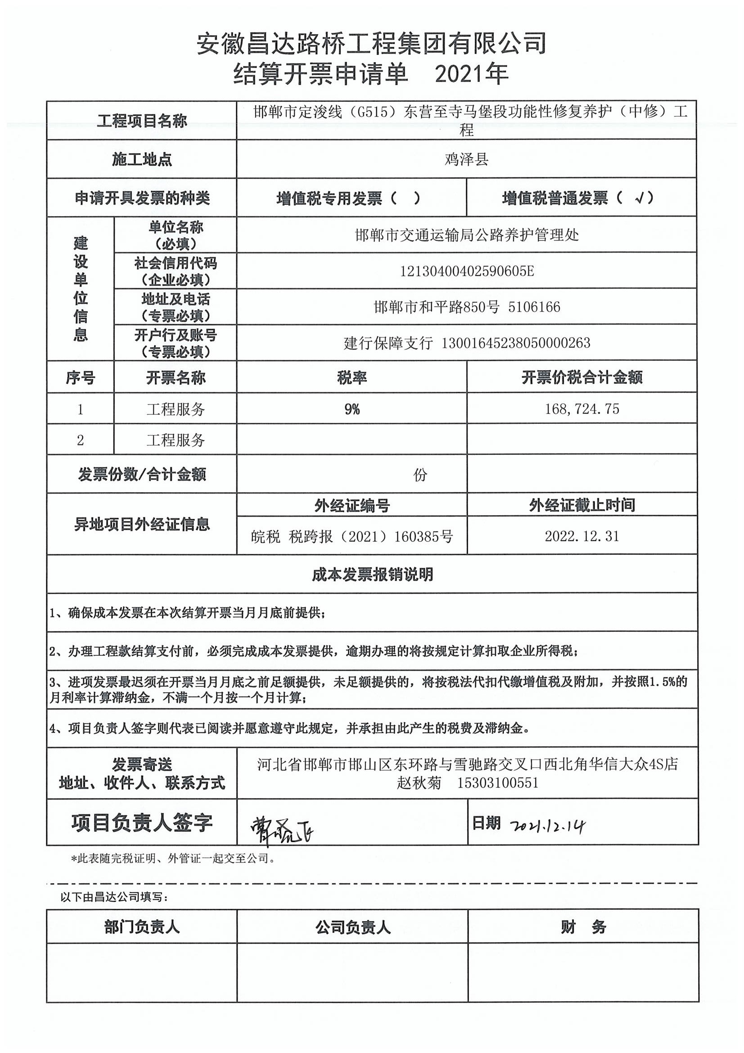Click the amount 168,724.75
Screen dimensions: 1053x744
pyautogui.click(x=581, y=408)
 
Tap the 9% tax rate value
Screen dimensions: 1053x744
pyautogui.click(x=352, y=409)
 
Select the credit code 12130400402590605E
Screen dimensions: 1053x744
pyautogui.click(x=467, y=271)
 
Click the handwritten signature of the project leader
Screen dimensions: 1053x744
pyautogui.click(x=281, y=830)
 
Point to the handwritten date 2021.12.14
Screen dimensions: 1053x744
pyautogui.click(x=547, y=826)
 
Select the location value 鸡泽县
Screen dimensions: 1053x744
pyautogui.click(x=466, y=159)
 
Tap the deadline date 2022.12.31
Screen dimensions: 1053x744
pyautogui.click(x=581, y=536)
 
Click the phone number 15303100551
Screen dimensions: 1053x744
pyautogui.click(x=497, y=782)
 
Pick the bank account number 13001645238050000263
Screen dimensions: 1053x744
pyautogui.click(x=515, y=343)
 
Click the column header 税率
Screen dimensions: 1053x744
pyautogui.click(x=352, y=377)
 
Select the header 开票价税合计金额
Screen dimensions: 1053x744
pyautogui.click(x=581, y=377)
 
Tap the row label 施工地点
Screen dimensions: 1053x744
pyautogui.click(x=142, y=159)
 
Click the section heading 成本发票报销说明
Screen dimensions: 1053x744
pyautogui.click(x=372, y=574)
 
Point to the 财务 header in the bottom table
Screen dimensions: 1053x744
pyautogui.click(x=583, y=927)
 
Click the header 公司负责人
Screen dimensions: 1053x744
pyautogui.click(x=352, y=927)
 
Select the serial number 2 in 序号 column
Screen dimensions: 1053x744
pyautogui.click(x=80, y=440)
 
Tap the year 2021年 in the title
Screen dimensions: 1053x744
pyautogui.click(x=471, y=73)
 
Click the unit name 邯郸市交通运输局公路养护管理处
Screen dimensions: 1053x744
pyautogui.click(x=467, y=235)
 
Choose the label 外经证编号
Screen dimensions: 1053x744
pyautogui.click(x=352, y=505)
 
